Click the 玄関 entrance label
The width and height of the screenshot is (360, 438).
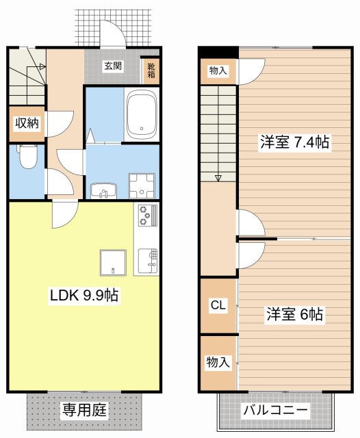click(113, 66)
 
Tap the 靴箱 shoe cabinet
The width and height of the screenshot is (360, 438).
click(151, 70)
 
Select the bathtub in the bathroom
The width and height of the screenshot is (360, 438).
click(142, 114)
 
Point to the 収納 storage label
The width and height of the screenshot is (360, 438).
click(27, 123)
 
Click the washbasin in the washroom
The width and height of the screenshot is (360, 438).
click(104, 190)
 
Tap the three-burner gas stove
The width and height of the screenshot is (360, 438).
click(145, 216)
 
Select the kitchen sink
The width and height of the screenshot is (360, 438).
click(148, 259)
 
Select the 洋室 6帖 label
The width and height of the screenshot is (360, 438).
click(294, 315)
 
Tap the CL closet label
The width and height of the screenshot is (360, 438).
click(218, 305)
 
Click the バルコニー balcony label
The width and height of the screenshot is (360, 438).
click(276, 411)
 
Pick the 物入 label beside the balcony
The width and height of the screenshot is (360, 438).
click(218, 363)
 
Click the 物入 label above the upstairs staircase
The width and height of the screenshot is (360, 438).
click(218, 70)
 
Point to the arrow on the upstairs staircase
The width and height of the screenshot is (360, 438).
click(218, 178)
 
